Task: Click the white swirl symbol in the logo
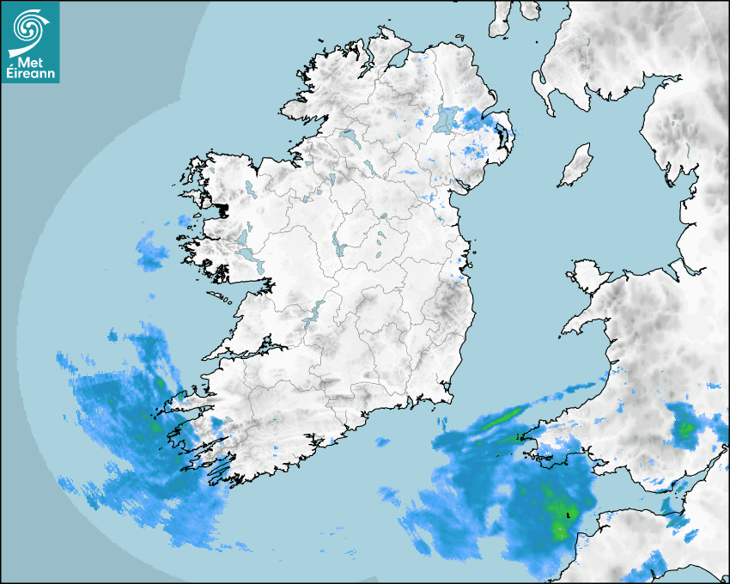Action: click(x=28, y=28)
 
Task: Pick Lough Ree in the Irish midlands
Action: click(x=338, y=246)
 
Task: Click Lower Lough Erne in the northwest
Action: click(x=349, y=137)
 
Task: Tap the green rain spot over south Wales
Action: click(x=685, y=428)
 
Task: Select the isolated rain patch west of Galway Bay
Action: click(x=152, y=252)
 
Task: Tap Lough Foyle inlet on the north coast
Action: click(x=397, y=60)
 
